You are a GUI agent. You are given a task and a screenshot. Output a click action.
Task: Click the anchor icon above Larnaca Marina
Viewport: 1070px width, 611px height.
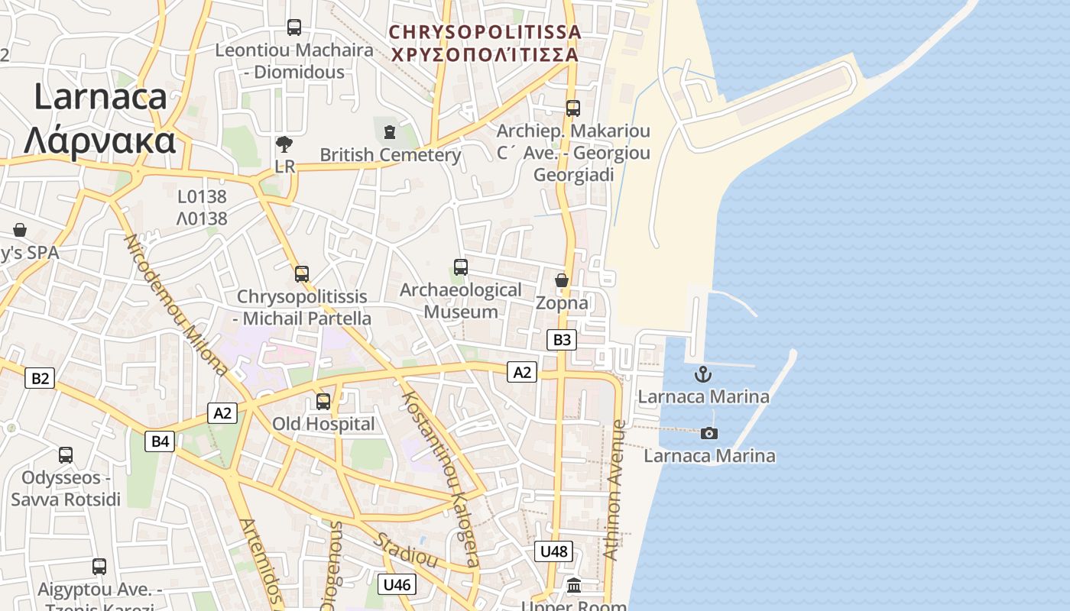[702, 374]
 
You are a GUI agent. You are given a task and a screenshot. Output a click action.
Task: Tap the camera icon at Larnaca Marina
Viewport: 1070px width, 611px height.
[709, 433]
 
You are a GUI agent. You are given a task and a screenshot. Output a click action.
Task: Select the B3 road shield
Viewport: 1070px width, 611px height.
[561, 340]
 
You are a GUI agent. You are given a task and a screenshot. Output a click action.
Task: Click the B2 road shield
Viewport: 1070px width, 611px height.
[40, 378]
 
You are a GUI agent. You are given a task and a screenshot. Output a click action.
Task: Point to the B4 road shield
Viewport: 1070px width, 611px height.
[160, 441]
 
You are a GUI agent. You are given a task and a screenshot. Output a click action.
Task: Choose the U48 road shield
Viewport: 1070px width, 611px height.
[553, 551]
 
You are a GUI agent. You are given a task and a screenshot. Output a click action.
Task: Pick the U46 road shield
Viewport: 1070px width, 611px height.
[397, 585]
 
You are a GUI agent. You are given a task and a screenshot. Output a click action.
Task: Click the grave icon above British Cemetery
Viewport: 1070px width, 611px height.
[390, 132]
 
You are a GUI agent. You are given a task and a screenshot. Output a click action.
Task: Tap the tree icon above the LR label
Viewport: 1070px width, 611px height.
[284, 144]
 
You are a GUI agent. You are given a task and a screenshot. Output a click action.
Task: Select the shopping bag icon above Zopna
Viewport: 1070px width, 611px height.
[562, 280]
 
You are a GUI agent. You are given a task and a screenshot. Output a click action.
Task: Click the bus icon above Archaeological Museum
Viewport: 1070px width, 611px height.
[460, 267]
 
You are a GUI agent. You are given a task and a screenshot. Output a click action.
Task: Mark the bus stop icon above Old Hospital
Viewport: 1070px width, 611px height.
[323, 401]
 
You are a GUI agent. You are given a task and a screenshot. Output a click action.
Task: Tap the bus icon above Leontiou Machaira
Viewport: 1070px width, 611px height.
[294, 27]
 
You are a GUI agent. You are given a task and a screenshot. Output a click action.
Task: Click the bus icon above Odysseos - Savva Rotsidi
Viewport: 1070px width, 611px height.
[66, 455]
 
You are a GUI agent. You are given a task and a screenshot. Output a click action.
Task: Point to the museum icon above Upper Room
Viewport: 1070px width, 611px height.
[574, 586]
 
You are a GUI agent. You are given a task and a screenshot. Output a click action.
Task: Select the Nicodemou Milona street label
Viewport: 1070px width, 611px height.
[175, 305]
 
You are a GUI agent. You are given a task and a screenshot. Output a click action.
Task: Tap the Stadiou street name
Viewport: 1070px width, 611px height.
[405, 550]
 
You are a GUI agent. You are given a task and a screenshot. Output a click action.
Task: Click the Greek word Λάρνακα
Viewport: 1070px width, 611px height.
[99, 141]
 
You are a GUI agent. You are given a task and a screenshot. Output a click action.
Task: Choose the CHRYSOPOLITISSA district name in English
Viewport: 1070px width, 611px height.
[485, 32]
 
